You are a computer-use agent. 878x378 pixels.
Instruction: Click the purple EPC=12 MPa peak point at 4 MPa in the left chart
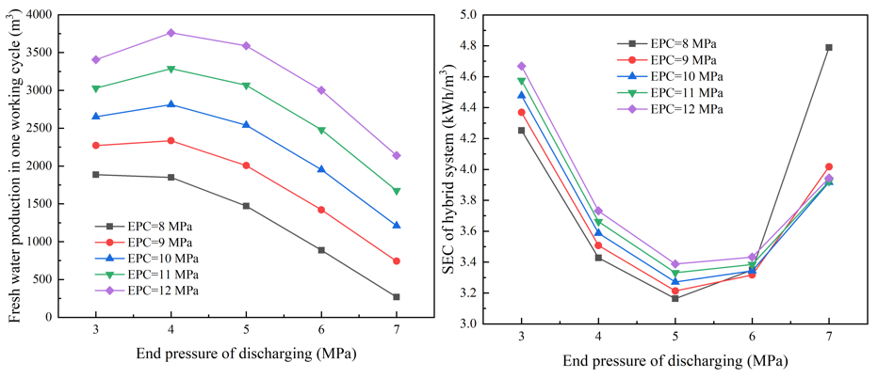click(x=171, y=33)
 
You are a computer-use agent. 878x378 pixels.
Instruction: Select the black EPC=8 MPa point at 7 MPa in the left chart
click(x=397, y=297)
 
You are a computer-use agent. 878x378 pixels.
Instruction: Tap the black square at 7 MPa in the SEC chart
click(x=829, y=47)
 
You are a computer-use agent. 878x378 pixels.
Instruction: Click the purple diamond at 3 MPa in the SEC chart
click(x=521, y=66)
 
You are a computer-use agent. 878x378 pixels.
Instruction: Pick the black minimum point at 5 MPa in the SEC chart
click(x=675, y=298)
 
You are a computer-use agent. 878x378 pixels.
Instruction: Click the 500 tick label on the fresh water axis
click(x=41, y=279)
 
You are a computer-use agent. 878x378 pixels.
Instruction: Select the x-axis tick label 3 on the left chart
click(x=95, y=330)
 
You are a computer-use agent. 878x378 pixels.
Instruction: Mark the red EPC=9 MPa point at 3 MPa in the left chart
click(x=95, y=146)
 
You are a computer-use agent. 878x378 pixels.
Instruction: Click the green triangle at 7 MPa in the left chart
click(x=397, y=191)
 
